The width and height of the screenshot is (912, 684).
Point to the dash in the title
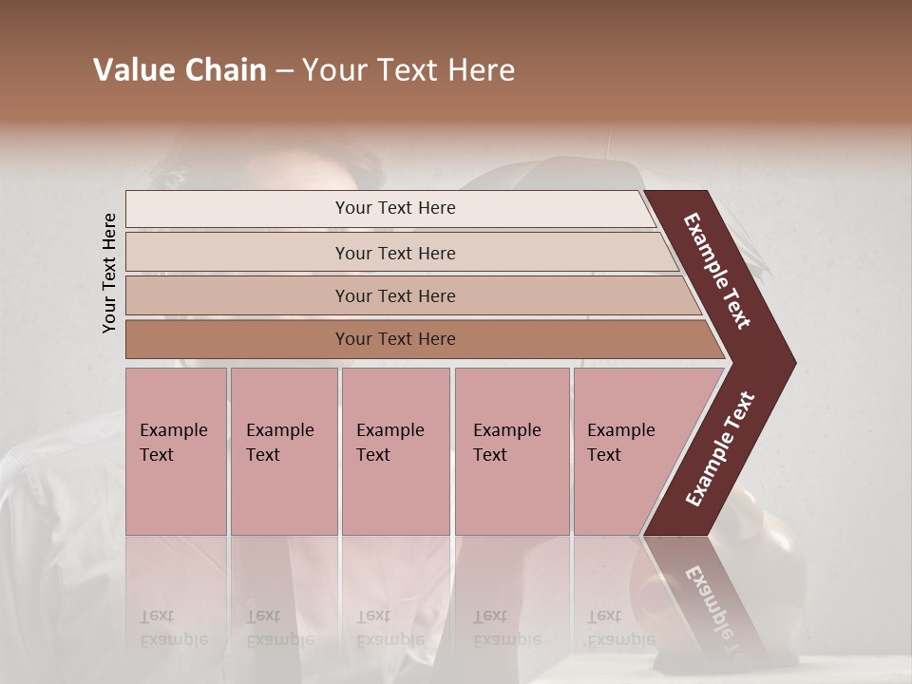[284, 71]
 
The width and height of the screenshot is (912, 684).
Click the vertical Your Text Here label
[109, 273]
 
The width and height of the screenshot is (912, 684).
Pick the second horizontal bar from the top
[395, 253]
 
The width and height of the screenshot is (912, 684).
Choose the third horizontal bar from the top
[395, 295]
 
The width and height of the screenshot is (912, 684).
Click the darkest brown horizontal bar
[395, 339]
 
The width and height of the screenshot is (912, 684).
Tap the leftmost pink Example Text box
[176, 451]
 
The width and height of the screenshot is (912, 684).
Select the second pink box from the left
[284, 451]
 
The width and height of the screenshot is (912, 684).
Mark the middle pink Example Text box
[395, 451]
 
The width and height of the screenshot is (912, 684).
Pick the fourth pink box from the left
[512, 451]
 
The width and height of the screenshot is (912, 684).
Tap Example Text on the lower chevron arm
[720, 449]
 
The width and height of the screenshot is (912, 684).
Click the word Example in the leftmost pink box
[173, 430]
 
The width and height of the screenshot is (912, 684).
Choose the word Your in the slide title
[332, 70]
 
